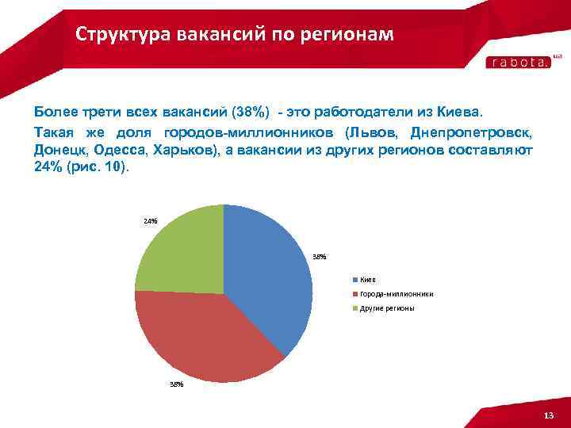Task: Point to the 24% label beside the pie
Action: (x=151, y=220)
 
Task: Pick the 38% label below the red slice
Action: (x=176, y=384)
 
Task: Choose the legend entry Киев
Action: (x=367, y=280)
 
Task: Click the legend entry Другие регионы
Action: (x=386, y=308)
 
